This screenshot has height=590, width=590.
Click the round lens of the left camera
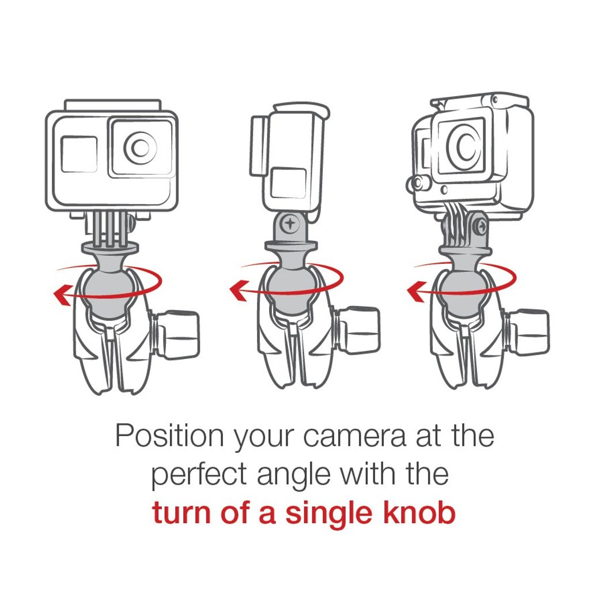140,147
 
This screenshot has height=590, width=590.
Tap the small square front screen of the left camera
80,154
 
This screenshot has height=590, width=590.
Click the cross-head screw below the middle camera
290,224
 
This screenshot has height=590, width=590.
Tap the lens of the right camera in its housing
464,146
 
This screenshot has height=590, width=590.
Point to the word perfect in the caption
199,476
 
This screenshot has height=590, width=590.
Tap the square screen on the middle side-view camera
288,183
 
